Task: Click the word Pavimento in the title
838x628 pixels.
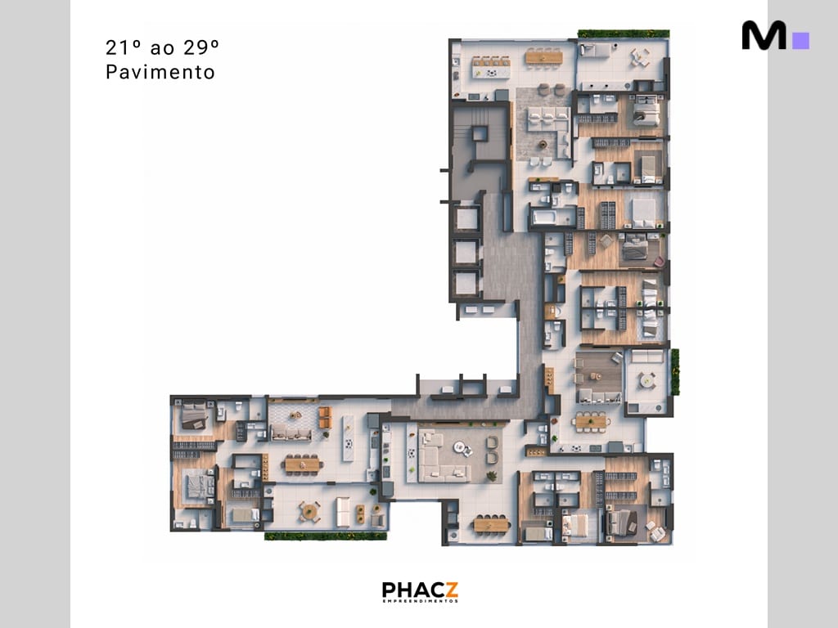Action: coord(160,72)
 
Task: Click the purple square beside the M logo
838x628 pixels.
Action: coord(801,40)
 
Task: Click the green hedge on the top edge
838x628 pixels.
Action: coord(624,34)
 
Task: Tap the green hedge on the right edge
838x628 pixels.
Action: coord(675,372)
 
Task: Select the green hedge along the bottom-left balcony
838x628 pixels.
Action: coord(325,536)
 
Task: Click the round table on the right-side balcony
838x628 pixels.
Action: coord(647,380)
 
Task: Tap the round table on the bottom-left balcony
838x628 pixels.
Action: coord(309,511)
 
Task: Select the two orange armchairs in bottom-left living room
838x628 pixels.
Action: coord(325,416)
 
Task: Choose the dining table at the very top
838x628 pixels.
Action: coord(540,56)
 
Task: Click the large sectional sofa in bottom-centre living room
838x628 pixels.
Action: coord(443,457)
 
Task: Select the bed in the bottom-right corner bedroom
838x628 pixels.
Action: coord(623,521)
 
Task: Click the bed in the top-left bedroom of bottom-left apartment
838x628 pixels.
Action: coord(196,416)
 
